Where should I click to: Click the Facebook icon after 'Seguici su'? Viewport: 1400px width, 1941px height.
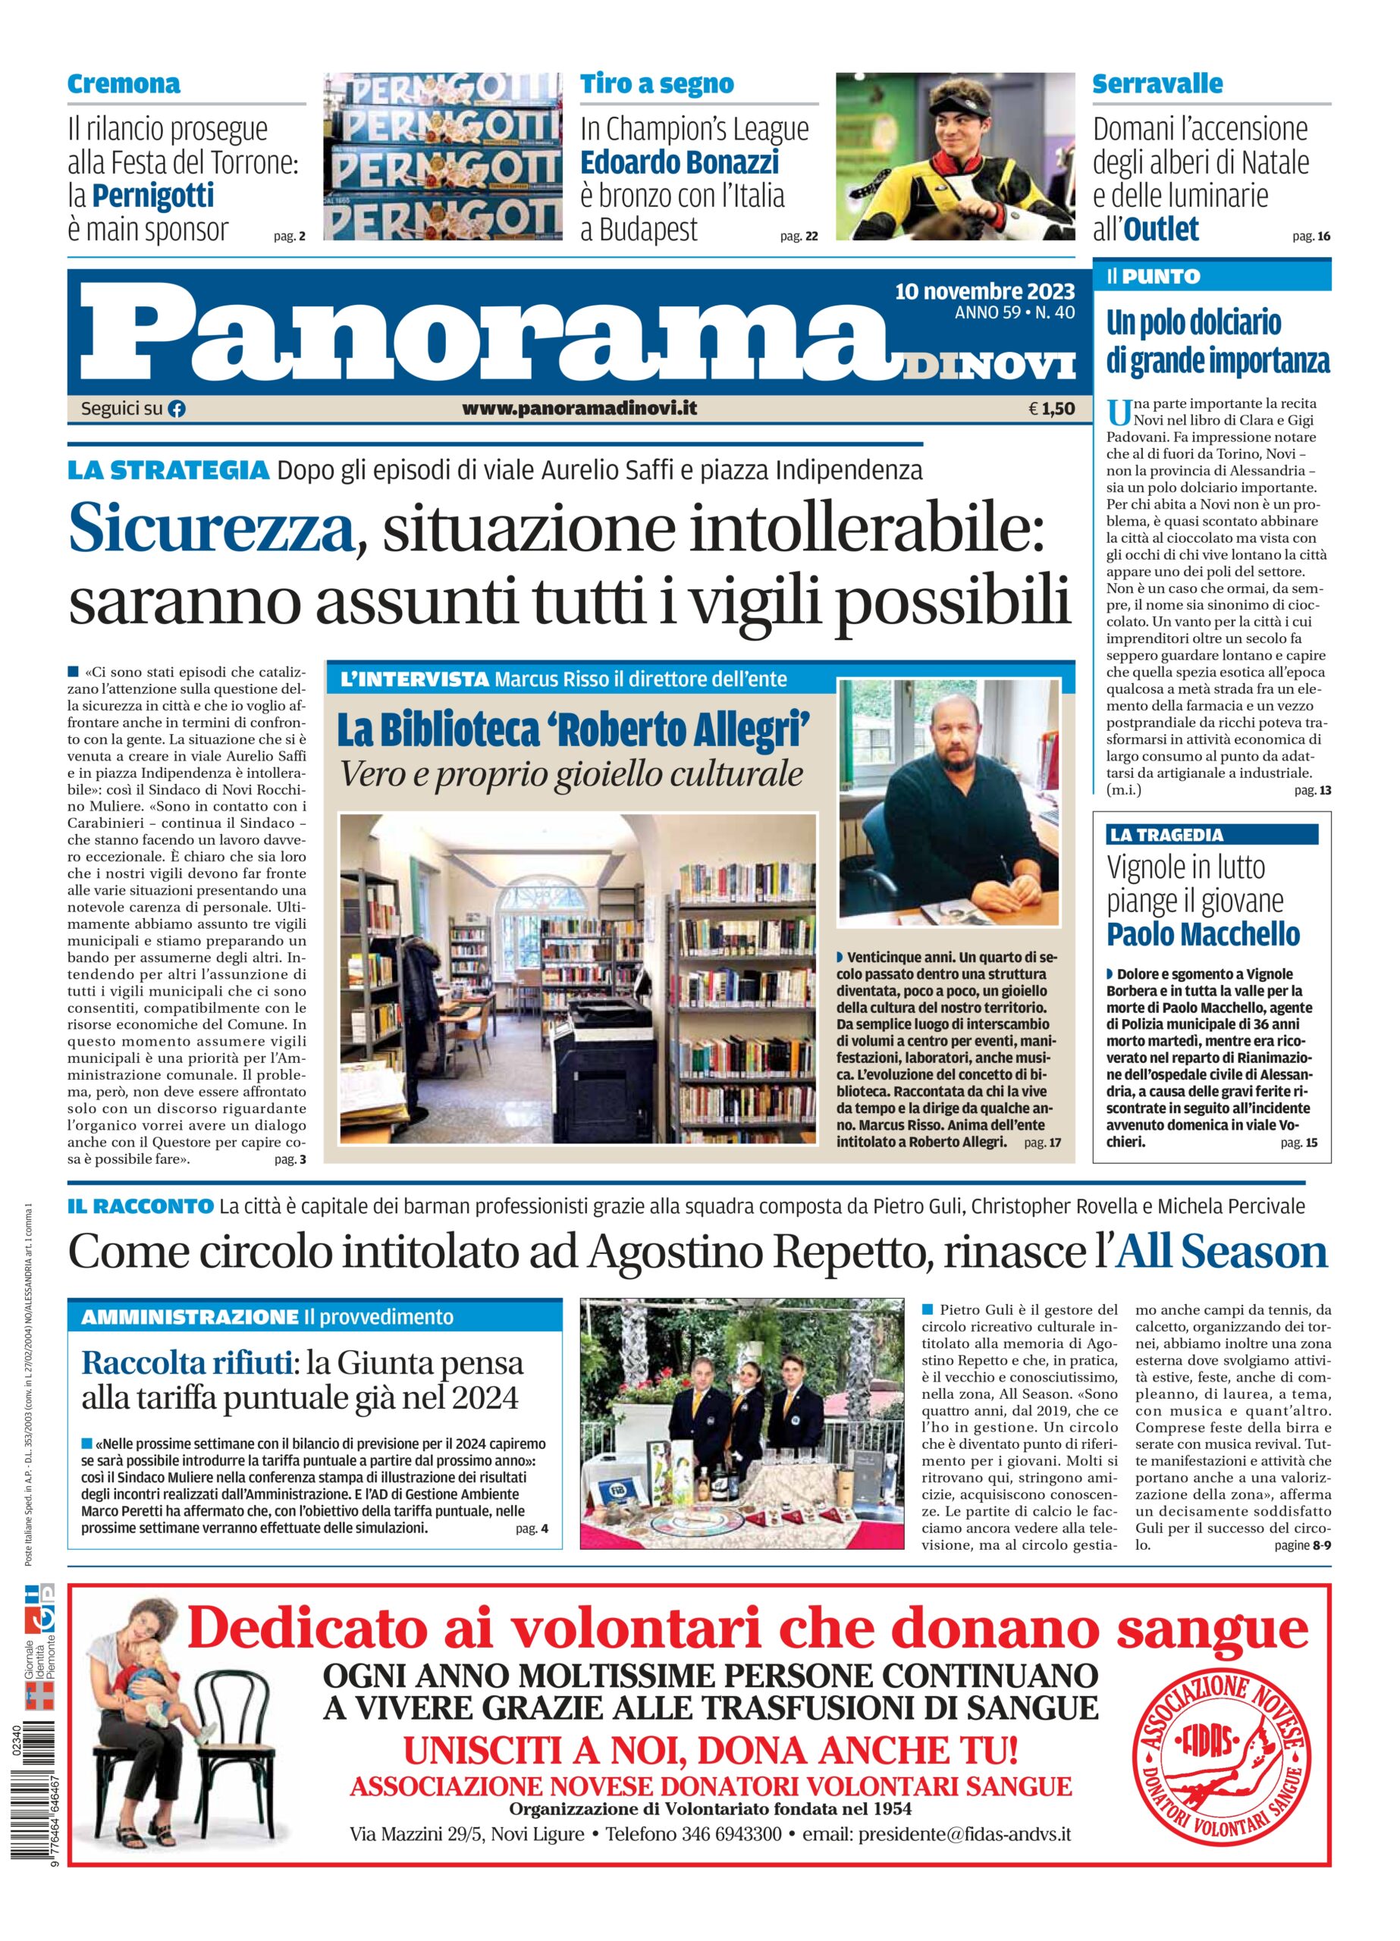click(177, 409)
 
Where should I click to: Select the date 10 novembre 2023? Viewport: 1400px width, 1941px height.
click(984, 292)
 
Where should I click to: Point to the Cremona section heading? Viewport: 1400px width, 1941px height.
click(124, 84)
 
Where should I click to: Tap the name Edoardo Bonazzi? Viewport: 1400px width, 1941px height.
click(680, 161)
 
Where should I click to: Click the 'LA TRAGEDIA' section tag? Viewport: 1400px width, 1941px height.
click(1166, 835)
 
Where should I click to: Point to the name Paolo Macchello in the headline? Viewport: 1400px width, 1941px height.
click(1203, 933)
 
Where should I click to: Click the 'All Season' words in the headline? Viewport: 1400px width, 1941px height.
click(1223, 1252)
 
